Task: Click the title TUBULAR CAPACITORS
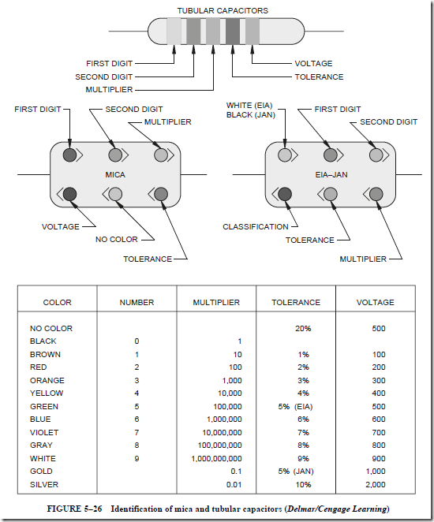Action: point(223,11)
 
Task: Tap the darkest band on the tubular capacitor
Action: point(233,32)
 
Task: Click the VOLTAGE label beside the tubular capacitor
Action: point(313,63)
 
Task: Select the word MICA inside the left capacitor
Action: point(115,175)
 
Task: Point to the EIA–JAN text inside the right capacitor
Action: point(331,175)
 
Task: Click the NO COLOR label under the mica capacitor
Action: point(117,240)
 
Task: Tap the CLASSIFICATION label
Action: point(256,227)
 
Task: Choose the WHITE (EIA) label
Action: point(249,106)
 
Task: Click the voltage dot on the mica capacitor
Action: point(69,194)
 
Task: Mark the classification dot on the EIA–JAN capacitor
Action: point(285,194)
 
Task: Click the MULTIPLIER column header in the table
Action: point(216,302)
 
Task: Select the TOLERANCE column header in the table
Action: point(296,302)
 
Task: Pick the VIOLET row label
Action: point(44,432)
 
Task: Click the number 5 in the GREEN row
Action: point(137,406)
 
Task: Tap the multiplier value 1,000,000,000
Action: point(216,458)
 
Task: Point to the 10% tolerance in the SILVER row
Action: point(303,484)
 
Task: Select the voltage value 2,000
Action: point(376,484)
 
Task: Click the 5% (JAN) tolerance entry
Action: point(296,472)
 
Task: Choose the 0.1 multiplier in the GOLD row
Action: point(236,472)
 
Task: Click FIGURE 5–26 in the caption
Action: point(74,509)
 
